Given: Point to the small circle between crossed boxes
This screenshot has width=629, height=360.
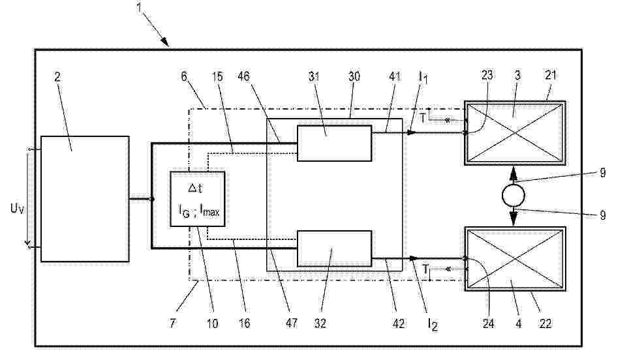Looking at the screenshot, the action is point(513,196).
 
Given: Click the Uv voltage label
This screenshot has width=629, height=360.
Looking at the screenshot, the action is point(17,209).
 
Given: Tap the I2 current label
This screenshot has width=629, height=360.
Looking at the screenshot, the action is point(433,324).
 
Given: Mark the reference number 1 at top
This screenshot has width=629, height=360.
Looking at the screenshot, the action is point(139,7).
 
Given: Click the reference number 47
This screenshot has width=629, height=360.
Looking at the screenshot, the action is point(291,323).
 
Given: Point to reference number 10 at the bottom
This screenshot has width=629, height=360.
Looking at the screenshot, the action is point(212,323).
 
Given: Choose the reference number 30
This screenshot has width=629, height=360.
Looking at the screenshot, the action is point(354,76).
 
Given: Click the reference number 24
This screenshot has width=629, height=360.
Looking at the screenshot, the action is point(488,323).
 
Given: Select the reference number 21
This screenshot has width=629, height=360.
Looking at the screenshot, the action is point(551,75).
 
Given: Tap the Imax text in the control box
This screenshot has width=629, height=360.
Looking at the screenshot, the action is point(210,211).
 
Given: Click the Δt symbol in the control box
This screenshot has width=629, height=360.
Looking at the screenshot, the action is point(195,188).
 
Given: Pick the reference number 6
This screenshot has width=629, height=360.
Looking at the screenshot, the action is point(184,76).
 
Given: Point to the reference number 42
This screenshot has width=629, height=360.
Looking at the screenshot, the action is point(398,323).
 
